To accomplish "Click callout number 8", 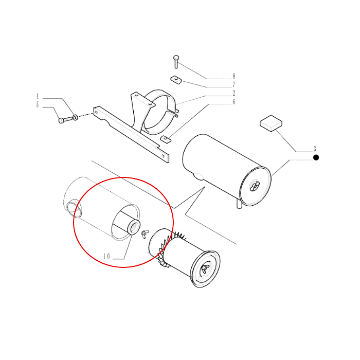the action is coord(233,76).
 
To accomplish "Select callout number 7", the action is coord(233,84).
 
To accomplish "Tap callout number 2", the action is coord(233,93).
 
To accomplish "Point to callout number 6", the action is coord(233,101).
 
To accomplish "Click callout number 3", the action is coord(315,149).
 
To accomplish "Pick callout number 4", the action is coord(38,96).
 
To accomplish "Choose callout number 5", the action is coord(38,104).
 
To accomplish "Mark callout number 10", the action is coord(106,256).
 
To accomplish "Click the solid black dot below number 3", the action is coord(316,157).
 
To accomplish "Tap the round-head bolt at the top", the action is coord(176,62).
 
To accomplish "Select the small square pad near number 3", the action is coord(271,123).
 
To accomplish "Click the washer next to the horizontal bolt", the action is coord(75,118).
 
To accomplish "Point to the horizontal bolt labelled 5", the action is coord(66,120).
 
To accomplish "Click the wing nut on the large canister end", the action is coord(255,186).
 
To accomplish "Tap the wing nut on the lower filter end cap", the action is coord(205,268).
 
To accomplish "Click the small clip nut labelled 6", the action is coord(166,139).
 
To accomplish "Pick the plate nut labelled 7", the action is coord(176,80).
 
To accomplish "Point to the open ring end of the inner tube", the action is coord(134,227).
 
